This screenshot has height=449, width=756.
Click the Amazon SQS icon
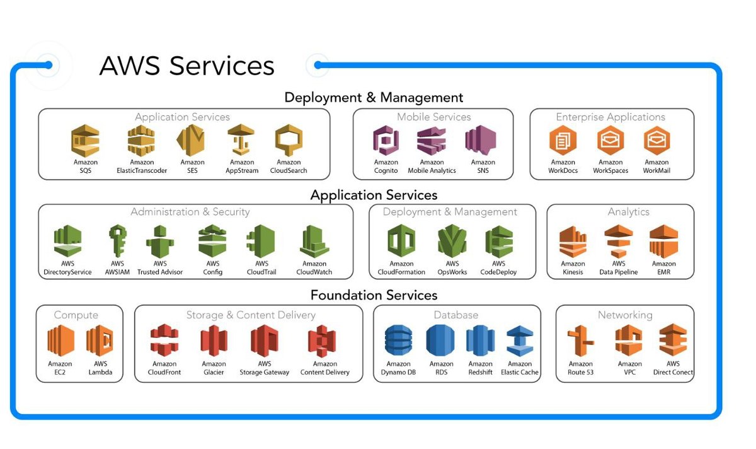85,141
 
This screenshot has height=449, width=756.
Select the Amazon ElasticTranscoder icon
141,141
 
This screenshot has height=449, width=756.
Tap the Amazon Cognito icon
386,141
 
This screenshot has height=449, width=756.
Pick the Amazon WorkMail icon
656,141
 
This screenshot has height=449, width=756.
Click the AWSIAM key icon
118,242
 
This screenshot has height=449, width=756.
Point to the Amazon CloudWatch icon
314,242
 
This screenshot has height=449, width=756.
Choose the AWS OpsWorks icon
452,242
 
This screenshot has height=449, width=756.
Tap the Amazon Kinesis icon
573,242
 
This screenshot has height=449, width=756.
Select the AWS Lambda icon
100,341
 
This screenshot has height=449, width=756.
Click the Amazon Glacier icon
214,341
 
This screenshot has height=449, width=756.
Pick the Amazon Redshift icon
480,341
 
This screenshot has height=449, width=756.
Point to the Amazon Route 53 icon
580,341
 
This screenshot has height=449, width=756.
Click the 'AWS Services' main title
187,66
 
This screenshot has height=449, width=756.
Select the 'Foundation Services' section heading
374,295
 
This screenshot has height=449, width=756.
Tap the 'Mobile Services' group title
433,117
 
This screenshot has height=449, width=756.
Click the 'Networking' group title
625,315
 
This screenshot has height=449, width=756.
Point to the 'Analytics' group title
628,212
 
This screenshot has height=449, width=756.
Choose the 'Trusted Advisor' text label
160,272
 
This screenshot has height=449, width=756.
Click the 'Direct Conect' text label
673,373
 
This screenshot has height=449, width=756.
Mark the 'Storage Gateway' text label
265,373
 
